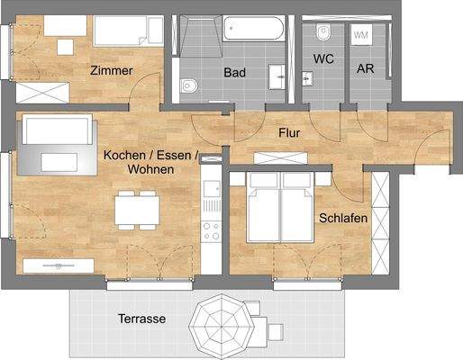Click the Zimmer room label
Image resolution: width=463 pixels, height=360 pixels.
click(x=112, y=70)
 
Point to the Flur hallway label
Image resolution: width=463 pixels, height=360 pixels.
click(x=289, y=133)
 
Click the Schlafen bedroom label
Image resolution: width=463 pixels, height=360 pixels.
click(x=341, y=218)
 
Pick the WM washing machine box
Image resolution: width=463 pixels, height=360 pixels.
click(x=362, y=35)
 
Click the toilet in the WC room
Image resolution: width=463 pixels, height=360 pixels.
click(x=323, y=33)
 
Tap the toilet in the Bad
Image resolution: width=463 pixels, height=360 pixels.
click(x=188, y=86)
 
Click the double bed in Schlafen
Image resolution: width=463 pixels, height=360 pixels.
click(x=280, y=211)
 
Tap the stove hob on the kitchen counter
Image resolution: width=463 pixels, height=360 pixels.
click(x=212, y=229)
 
